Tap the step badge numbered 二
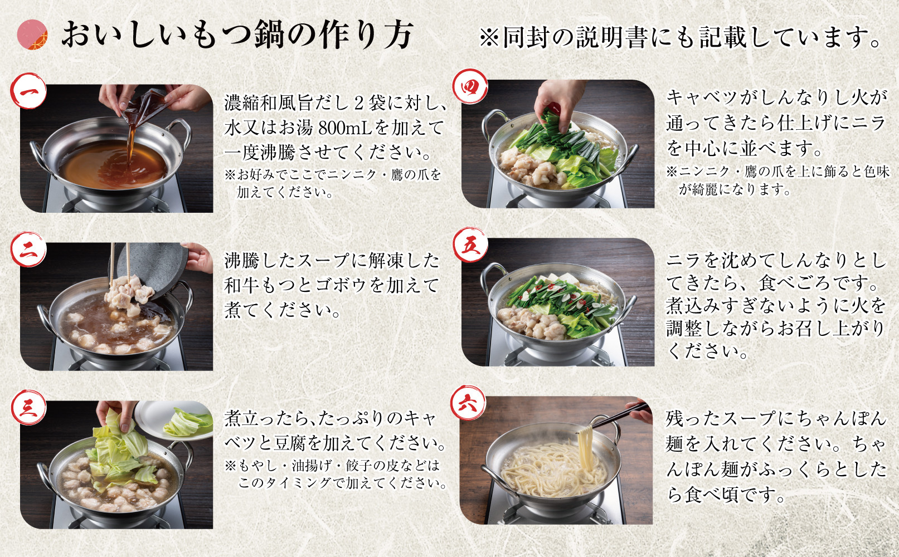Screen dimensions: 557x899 28,249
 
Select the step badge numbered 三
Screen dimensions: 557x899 28,408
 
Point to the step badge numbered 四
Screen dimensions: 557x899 470,87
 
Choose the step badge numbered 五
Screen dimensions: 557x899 470,245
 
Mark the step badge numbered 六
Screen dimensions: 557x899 468,403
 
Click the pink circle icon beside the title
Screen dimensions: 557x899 32,35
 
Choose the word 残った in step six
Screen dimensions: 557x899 693,418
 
